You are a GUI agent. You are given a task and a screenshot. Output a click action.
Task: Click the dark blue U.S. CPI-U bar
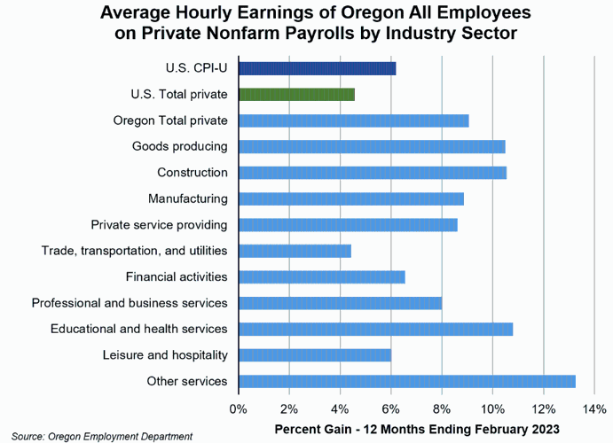point(317,68)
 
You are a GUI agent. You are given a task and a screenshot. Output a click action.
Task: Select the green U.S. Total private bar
point(296,94)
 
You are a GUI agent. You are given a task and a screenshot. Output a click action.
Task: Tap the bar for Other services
point(406,382)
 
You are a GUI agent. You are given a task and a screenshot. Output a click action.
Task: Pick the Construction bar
point(372,173)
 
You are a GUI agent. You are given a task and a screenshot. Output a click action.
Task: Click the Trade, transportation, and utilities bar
point(295,251)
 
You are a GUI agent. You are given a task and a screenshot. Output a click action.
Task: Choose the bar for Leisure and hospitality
point(315,355)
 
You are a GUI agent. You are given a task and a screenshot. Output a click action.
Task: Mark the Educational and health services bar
point(375,330)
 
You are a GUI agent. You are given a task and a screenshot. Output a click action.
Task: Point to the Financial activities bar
point(321,277)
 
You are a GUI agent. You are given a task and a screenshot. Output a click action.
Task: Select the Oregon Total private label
point(170,120)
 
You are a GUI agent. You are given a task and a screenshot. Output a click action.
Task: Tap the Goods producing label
point(180,146)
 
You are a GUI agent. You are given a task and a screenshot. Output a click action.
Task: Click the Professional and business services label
point(130,303)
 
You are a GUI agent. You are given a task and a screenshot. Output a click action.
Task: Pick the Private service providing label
point(160,225)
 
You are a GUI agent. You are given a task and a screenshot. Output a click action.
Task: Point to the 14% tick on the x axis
point(593,409)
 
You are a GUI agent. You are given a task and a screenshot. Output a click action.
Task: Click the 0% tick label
point(238,409)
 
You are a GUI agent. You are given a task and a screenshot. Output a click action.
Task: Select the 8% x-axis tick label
point(441,409)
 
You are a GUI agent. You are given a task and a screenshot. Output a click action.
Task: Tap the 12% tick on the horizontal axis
point(543,409)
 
